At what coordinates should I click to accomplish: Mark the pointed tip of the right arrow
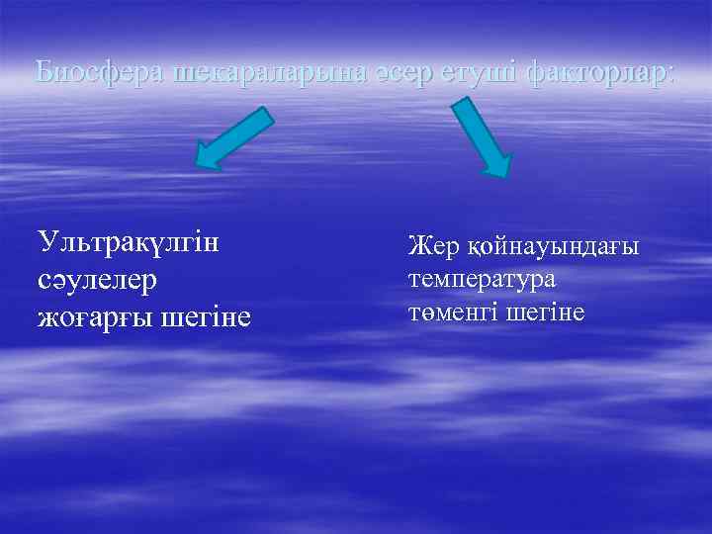point(503,175)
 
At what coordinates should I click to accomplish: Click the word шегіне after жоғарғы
point(205,317)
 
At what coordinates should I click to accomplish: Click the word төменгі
point(451,311)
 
